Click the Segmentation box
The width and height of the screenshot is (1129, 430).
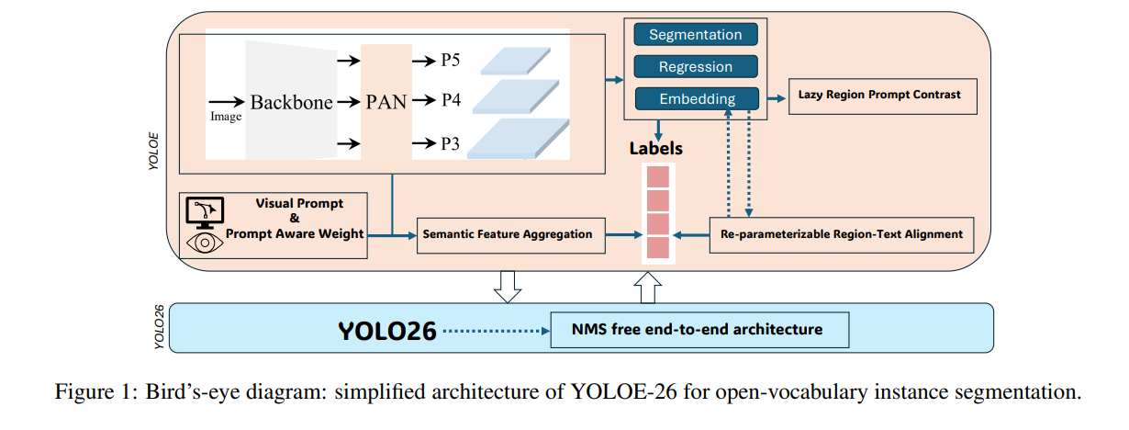pos(696,35)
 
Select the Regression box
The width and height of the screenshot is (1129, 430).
pos(696,67)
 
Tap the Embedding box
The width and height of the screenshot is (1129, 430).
pos(696,99)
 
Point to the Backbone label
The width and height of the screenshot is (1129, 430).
pos(291,103)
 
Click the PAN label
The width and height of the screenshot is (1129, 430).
pos(386,103)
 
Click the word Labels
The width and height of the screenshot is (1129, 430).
pos(655,148)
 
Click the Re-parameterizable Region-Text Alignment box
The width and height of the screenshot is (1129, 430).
pos(841,234)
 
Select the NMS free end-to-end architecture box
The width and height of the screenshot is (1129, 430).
pos(699,329)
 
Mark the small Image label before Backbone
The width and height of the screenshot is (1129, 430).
pos(226,117)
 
